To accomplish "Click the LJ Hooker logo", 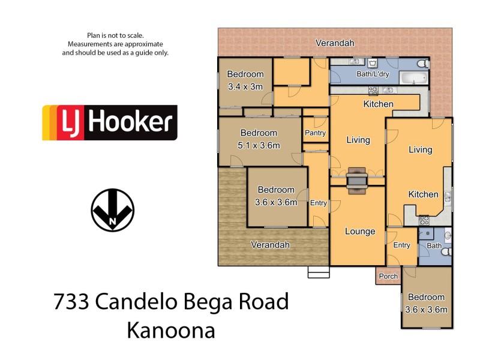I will tap(109, 123).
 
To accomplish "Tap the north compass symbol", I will tap(112, 211).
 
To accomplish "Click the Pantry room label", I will tap(315, 133).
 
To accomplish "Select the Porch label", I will tap(389, 277).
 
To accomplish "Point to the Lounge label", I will tap(360, 232).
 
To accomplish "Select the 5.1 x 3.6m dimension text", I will tap(259, 145).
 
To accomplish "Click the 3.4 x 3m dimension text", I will tap(245, 86).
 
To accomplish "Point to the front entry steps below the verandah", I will tap(319, 272).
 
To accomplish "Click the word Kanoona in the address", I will tap(171, 330).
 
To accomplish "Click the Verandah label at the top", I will tap(335, 43).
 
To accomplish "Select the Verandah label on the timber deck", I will tap(270, 245).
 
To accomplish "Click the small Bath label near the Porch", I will tap(433, 245).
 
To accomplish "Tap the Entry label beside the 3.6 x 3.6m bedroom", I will tap(319, 203).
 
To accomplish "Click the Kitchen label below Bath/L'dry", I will tap(378, 104).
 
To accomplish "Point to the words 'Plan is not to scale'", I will tap(115, 36).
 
